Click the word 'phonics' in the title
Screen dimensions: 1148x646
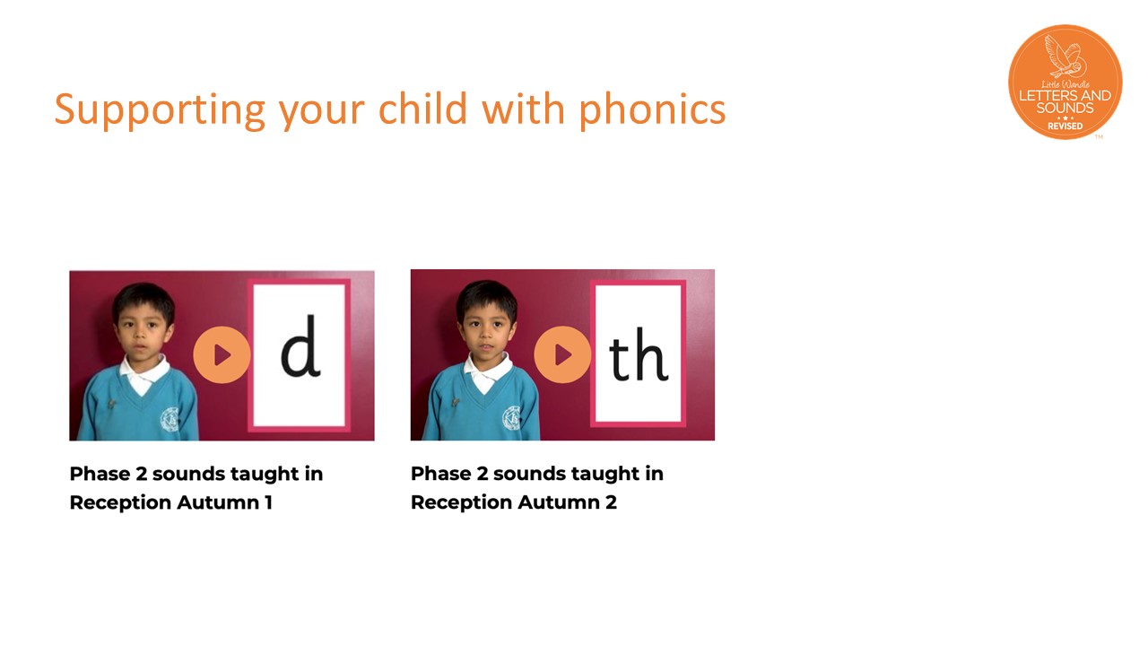(652, 109)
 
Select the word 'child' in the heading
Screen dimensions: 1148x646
(422, 109)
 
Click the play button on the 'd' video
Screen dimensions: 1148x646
(222, 354)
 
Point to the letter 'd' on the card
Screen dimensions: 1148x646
(300, 345)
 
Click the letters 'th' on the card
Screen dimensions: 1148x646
(638, 354)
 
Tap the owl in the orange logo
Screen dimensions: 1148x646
(1066, 57)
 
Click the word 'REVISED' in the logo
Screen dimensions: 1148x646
(1065, 127)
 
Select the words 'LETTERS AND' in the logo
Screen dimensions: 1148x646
(1065, 95)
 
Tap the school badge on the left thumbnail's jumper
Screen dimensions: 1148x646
(170, 419)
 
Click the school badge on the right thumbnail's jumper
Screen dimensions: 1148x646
(512, 418)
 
